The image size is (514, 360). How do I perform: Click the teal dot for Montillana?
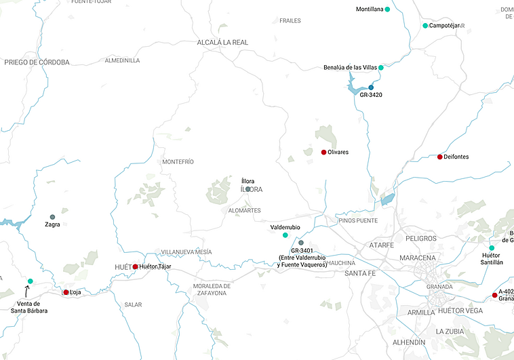point(387,9)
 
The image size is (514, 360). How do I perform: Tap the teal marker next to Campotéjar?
point(425,26)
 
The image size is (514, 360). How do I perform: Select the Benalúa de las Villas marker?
point(381,68)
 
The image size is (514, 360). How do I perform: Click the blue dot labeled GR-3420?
point(371,87)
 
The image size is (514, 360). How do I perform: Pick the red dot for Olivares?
point(323,152)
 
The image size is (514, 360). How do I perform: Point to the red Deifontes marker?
point(440,157)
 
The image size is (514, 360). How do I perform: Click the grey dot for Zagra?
point(52,217)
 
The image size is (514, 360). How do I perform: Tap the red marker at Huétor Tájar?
point(136,266)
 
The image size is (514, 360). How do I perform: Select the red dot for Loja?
point(66,292)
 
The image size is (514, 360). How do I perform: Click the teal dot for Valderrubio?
point(285,235)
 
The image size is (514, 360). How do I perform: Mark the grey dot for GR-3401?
point(301,243)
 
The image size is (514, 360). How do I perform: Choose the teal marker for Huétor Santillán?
point(492,248)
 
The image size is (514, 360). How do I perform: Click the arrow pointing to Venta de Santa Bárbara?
point(27,292)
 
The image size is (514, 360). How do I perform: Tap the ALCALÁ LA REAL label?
point(222,42)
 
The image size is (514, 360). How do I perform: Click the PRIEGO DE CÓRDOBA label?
point(37,62)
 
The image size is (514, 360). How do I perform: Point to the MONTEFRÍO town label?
point(178,162)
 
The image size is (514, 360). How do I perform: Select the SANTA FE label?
point(360,273)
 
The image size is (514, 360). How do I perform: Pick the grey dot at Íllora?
point(248,189)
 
